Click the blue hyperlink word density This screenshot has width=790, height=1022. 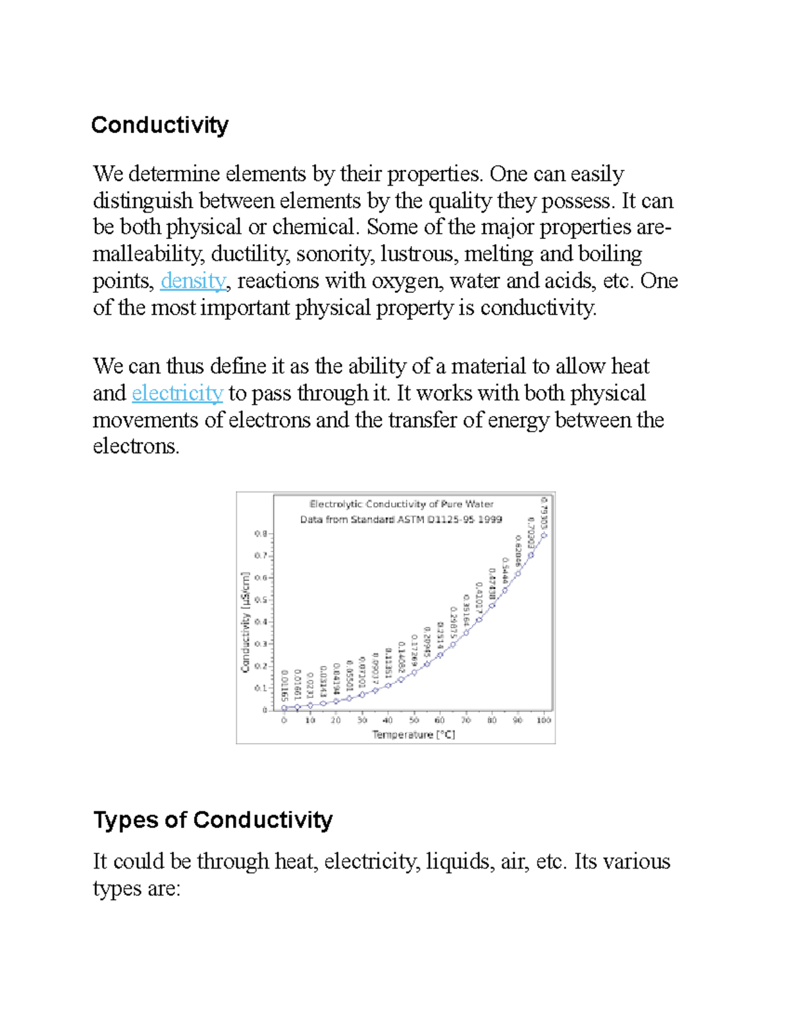click(x=193, y=281)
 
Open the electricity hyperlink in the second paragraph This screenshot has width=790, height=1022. click(x=177, y=394)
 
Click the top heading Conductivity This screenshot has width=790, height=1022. click(x=160, y=124)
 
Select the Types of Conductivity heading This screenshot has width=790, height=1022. click(x=213, y=820)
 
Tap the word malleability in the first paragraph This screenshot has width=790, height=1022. click(x=147, y=254)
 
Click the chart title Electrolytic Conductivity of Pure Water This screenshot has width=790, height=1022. click(x=401, y=504)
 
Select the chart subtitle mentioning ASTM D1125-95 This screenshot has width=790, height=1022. click(x=401, y=519)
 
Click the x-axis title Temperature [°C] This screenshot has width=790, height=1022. click(x=413, y=734)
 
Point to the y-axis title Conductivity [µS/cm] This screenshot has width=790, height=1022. click(x=246, y=622)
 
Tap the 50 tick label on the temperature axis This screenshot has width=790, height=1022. click(x=413, y=721)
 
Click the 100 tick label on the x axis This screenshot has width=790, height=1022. click(x=543, y=721)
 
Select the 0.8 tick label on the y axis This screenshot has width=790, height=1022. click(x=261, y=534)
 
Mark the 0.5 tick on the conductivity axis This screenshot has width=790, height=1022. click(x=261, y=600)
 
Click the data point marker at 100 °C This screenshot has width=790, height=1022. click(x=544, y=535)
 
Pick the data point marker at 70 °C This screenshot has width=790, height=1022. click(x=466, y=633)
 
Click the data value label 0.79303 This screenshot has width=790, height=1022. click(x=544, y=513)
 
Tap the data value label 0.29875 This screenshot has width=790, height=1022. click(x=453, y=623)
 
